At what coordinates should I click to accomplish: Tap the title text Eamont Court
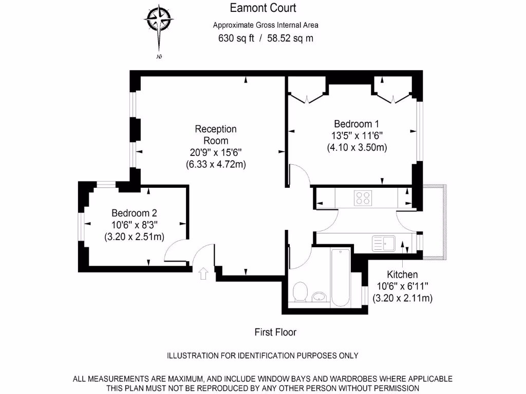click(263, 8)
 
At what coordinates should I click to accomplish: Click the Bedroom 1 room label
click(356, 124)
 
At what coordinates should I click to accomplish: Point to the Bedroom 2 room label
click(134, 213)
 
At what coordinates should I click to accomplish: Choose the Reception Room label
click(216, 134)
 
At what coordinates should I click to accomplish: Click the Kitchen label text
click(402, 274)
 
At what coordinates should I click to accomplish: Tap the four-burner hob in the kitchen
click(363, 198)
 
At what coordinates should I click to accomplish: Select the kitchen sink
click(383, 244)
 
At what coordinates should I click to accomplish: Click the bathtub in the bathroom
click(341, 277)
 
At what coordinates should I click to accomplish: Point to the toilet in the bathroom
click(299, 292)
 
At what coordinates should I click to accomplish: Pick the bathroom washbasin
click(320, 297)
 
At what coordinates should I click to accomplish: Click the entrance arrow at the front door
click(203, 274)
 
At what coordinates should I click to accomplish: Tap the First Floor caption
click(276, 332)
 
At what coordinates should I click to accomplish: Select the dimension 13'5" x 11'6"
click(356, 135)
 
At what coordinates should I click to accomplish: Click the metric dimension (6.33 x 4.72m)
click(216, 165)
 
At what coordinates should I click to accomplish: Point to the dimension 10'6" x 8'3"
click(134, 225)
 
